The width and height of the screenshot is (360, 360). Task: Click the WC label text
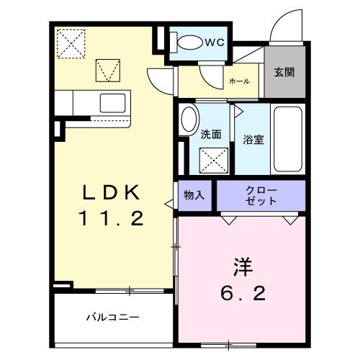point(215,42)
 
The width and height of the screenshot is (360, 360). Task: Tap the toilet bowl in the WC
point(189,42)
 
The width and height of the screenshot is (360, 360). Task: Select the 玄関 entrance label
point(284,74)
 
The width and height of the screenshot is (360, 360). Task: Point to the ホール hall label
point(239,82)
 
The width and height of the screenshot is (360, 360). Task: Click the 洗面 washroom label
point(210,133)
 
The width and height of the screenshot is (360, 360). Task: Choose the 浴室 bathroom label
point(253,140)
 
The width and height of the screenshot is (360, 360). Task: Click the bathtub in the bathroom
point(287,138)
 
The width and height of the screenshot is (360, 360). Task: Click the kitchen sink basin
point(112,102)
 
